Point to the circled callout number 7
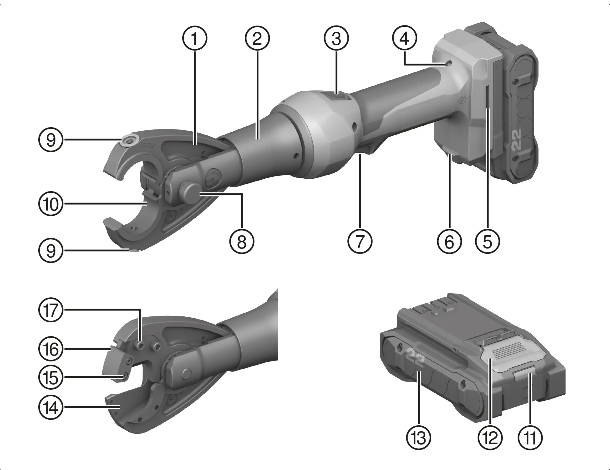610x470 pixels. [x=360, y=241]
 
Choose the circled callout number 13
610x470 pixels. [x=418, y=438]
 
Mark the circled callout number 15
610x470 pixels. [x=51, y=377]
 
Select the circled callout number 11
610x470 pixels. [x=530, y=438]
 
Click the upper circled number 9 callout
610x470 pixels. [x=51, y=140]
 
